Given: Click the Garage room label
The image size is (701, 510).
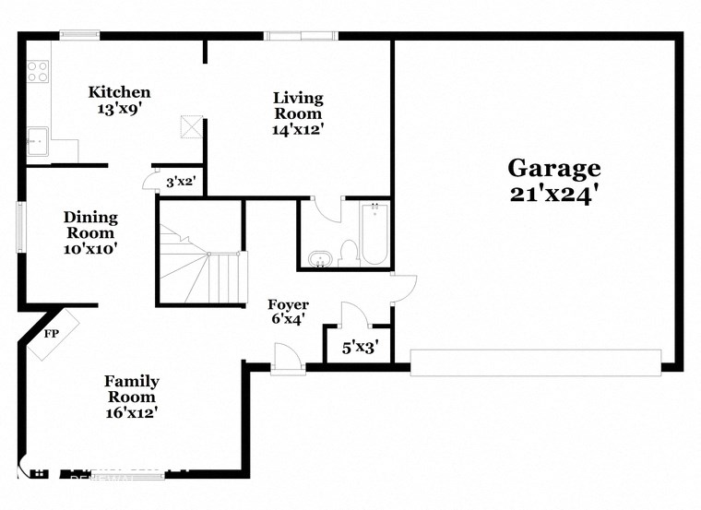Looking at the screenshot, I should tap(554, 168).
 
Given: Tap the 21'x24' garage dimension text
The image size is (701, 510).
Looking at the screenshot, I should tap(554, 194).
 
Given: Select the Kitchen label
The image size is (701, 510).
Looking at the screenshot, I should tap(119, 92).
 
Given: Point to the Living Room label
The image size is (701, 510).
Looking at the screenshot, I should tap(297, 105).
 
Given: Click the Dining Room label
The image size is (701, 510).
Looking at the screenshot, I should tap(90, 225).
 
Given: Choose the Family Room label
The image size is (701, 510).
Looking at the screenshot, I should tap(131, 388).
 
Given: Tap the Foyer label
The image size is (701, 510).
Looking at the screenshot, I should tap(288, 304).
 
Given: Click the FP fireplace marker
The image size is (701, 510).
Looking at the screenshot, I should tap(52, 334).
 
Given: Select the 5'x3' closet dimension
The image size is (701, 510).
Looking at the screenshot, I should tap(360, 350).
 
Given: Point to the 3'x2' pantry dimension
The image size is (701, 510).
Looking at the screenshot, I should tap(180, 183).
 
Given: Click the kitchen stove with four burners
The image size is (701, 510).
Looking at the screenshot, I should tap(37, 71).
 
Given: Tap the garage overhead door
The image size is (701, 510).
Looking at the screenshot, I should tap(535, 362).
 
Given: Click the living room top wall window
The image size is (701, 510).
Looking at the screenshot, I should tap(301, 36).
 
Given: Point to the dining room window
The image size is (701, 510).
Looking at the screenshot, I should tap(20, 226).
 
